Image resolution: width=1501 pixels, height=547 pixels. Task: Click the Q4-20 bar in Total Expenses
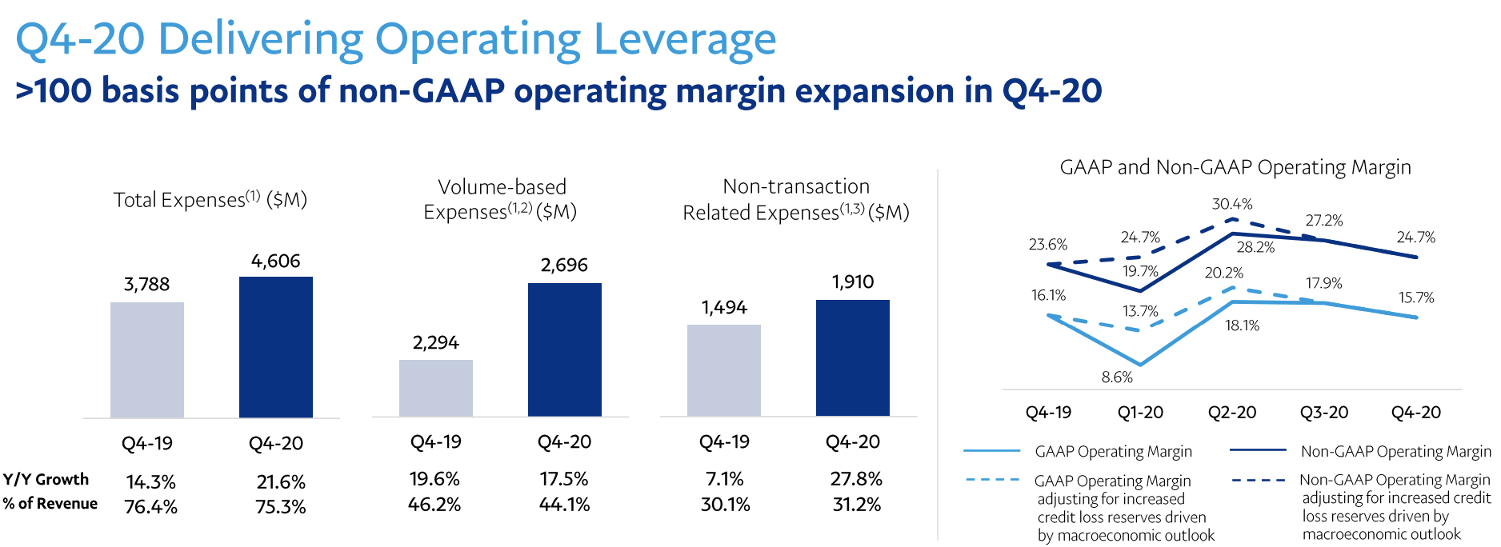(276, 347)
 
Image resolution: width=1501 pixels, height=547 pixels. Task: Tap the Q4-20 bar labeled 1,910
(853, 357)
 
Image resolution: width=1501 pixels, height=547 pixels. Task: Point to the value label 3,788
(146, 285)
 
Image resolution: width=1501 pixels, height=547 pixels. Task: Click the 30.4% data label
(1232, 204)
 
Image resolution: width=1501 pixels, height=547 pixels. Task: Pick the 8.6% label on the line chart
(1117, 377)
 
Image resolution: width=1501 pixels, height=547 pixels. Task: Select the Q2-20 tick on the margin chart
(1232, 413)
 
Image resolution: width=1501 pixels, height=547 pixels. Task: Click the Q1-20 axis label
(1140, 413)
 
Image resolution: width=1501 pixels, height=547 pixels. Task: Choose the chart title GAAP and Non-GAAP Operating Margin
(1235, 167)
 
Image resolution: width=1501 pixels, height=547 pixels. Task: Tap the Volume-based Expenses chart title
(501, 199)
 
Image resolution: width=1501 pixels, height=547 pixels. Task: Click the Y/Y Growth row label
(46, 480)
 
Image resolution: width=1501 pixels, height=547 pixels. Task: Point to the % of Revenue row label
(50, 504)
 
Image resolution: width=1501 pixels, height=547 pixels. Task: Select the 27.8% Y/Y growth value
(856, 479)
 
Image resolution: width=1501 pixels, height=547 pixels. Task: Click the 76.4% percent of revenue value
(150, 507)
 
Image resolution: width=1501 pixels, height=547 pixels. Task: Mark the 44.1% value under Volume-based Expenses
(564, 505)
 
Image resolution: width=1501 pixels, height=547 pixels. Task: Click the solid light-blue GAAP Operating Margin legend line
(992, 452)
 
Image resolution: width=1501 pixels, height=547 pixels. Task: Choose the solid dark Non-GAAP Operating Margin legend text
(1395, 452)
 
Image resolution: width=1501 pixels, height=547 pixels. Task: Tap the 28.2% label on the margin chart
(1255, 247)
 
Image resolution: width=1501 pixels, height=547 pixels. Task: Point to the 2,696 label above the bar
(564, 266)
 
